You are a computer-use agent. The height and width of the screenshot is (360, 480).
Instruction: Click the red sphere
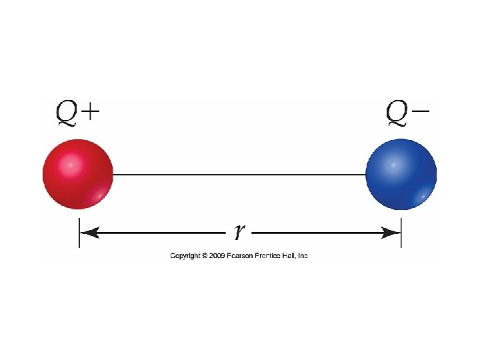click(78, 175)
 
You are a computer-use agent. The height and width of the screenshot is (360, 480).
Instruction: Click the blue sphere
click(401, 175)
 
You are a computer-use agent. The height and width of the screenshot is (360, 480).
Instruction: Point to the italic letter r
click(239, 232)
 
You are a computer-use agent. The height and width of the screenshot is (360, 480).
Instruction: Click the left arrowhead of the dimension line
click(89, 233)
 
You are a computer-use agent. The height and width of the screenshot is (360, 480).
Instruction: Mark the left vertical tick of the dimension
click(79, 233)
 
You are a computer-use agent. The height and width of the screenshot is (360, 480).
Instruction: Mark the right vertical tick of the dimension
click(401, 233)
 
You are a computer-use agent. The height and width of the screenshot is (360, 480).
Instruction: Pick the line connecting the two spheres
click(240, 175)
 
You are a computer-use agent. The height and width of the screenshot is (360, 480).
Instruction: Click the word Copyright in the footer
click(185, 256)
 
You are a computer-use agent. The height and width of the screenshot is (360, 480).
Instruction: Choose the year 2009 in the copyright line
click(217, 256)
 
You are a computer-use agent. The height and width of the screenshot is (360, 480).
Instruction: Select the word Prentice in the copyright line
click(269, 256)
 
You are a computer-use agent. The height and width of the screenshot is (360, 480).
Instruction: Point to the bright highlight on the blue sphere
click(393, 163)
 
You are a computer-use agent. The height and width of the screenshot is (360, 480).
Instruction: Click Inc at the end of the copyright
click(303, 256)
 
